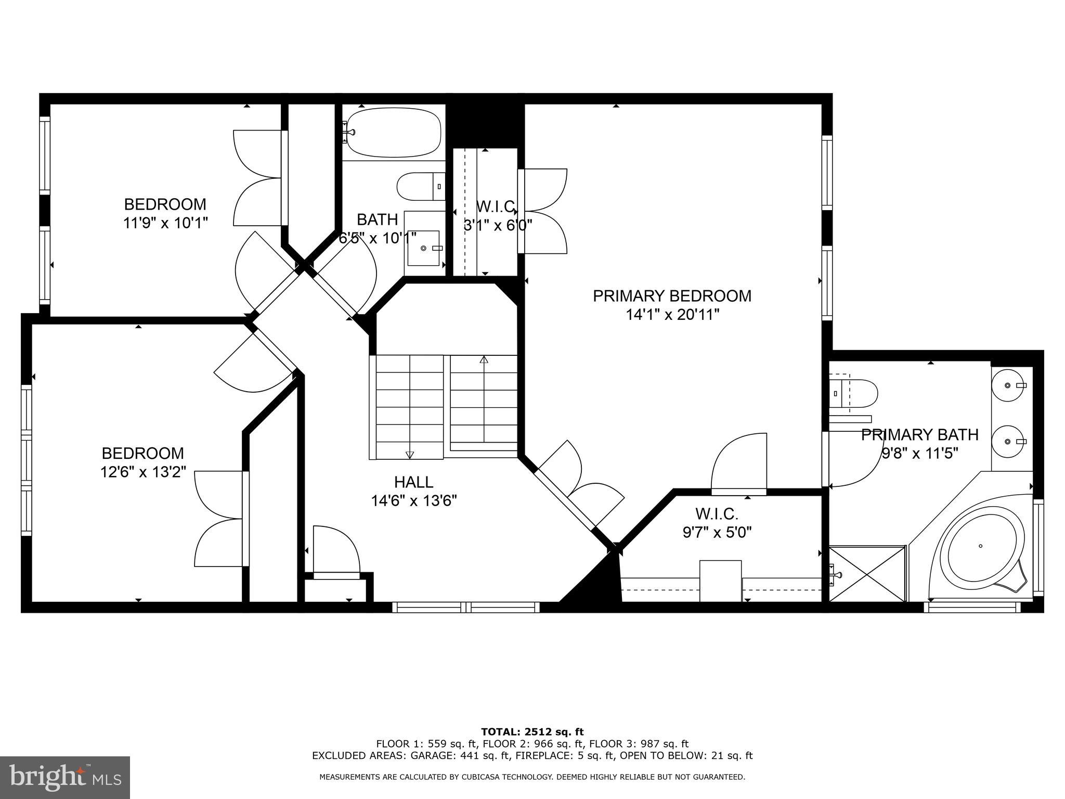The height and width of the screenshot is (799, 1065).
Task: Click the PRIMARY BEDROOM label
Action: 672,296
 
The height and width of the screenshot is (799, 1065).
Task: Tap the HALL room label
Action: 413,482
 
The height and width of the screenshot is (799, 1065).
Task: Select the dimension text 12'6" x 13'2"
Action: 143,472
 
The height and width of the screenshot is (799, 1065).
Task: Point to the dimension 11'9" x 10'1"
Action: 165,223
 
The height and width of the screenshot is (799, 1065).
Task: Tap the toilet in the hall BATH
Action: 420,186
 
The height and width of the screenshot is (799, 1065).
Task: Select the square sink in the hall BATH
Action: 423,248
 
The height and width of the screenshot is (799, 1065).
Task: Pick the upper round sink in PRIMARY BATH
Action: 1008,385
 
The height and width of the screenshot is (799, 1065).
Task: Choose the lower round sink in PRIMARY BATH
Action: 1008,442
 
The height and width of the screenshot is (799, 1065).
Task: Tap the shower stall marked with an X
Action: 867,573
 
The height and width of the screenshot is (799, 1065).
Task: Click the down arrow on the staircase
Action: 409,454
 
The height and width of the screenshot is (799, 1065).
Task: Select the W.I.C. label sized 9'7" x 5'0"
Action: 717,514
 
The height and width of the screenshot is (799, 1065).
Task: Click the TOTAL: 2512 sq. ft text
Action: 532,732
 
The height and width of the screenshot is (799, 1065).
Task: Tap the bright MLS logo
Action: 64,777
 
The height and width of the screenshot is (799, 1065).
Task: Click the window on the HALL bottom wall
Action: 466,607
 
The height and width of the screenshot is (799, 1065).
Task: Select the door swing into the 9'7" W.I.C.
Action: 738,463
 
